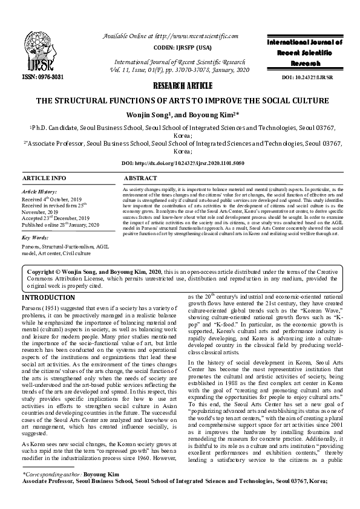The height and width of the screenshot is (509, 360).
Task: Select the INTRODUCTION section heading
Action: (x=48, y=299)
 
